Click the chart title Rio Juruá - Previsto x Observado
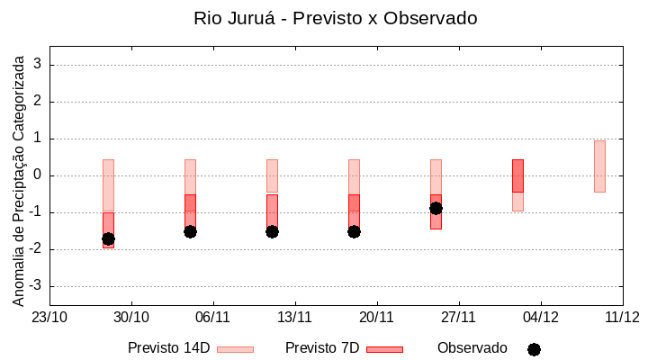(x=336, y=18)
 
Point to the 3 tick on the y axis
(x=39, y=65)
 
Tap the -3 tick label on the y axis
(x=35, y=286)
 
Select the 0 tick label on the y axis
(x=39, y=175)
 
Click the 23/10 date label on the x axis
(x=49, y=317)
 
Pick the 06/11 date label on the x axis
(x=213, y=317)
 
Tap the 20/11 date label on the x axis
(x=377, y=317)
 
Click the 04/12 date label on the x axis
(x=541, y=317)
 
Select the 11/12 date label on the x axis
(x=622, y=317)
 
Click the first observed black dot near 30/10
(x=108, y=238)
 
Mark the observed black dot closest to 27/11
(x=436, y=208)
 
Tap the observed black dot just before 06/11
(x=190, y=231)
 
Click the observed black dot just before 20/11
(x=354, y=231)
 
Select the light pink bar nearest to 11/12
(x=599, y=166)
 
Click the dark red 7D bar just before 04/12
(x=517, y=175)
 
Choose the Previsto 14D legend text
(x=168, y=348)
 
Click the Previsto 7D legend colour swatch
(x=384, y=349)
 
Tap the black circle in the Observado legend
(x=534, y=349)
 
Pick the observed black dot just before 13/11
(x=272, y=231)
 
